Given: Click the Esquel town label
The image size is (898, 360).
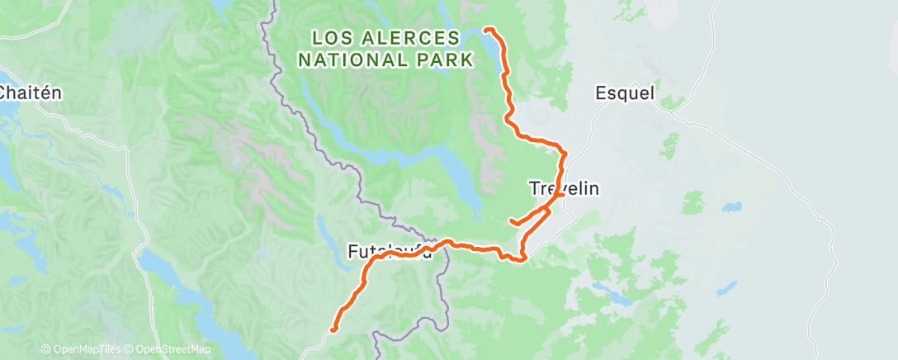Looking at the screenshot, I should (x=625, y=93).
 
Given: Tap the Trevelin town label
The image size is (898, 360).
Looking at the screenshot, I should (x=563, y=188).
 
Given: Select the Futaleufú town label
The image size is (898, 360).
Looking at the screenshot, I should (x=390, y=250).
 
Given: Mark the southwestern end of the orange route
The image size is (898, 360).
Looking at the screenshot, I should (x=333, y=329).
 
